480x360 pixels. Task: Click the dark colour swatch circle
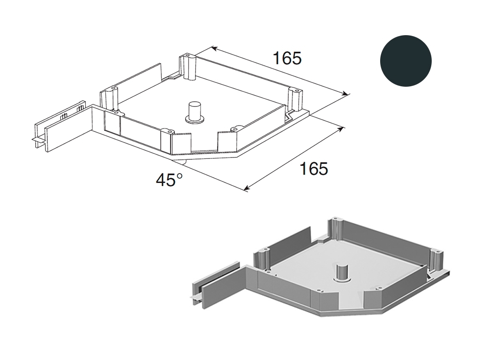pos(405,60)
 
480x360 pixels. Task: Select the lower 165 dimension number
pos(314,168)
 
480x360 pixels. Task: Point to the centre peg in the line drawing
pos(194,112)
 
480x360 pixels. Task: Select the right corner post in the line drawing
pos(295,99)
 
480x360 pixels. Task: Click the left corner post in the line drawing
pos(109,98)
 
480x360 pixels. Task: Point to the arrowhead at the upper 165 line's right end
pos(345,94)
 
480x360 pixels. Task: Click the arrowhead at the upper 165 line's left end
pos(215,48)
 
